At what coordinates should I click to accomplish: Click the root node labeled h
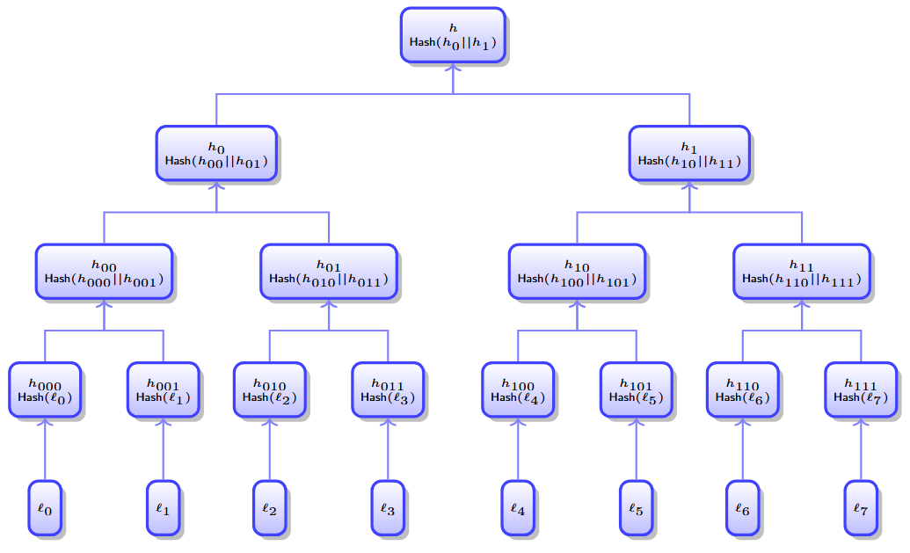[453, 35]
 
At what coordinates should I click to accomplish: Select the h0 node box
[216, 153]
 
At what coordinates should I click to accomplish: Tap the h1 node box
[689, 153]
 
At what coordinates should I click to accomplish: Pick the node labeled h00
[104, 272]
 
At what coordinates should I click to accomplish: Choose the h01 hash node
[329, 272]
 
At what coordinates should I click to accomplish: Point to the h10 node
[577, 272]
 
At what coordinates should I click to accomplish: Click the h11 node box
[802, 272]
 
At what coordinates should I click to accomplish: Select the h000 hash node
[45, 389]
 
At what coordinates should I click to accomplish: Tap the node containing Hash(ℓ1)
[164, 389]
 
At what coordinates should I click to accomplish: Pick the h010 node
[270, 389]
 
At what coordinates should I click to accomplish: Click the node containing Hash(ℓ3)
[388, 389]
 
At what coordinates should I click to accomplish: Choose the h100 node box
[518, 389]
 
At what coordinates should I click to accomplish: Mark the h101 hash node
[636, 389]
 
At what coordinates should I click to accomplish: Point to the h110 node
[743, 389]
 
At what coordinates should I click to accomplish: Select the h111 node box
[861, 389]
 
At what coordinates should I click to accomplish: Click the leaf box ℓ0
[45, 507]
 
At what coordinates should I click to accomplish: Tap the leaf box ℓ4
[518, 507]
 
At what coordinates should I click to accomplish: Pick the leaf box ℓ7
[861, 507]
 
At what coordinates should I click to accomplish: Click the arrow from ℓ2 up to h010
[270, 449]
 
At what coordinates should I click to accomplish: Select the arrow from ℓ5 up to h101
[636, 449]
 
